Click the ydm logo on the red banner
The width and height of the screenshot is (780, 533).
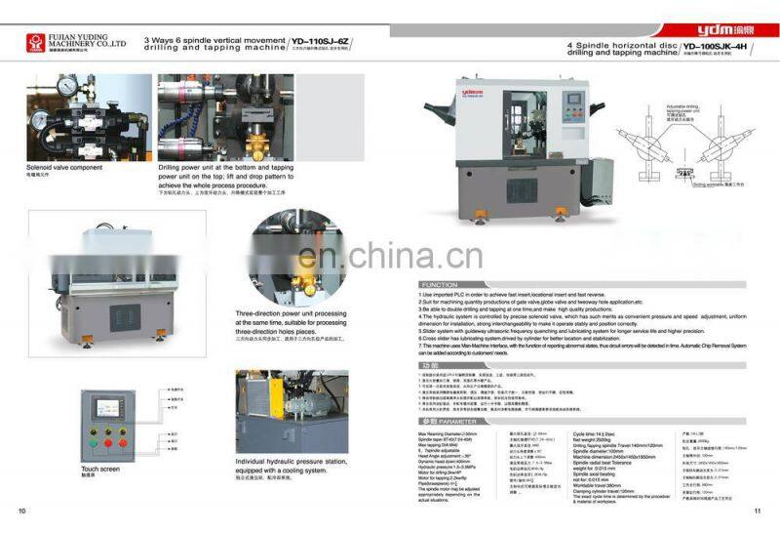click(x=719, y=28)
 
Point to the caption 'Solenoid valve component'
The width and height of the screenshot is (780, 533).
click(x=65, y=167)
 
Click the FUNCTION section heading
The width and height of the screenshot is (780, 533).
click(x=433, y=285)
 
